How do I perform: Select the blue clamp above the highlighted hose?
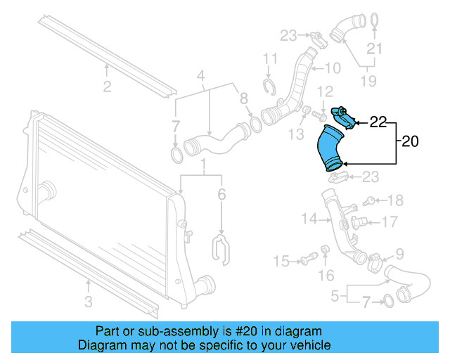click(x=341, y=113)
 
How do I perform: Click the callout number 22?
click(x=378, y=122)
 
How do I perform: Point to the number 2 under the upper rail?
click(x=107, y=87)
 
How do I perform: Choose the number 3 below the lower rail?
click(x=88, y=302)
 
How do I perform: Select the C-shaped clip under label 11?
click(x=268, y=86)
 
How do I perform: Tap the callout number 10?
click(x=332, y=68)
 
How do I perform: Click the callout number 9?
click(x=399, y=253)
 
